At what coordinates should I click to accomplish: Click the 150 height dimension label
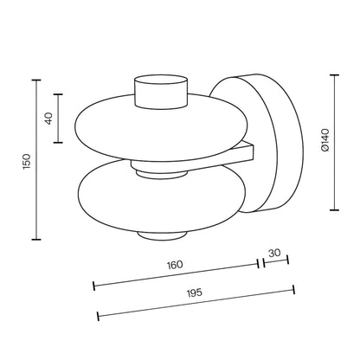point(27,162)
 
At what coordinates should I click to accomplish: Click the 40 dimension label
point(49,119)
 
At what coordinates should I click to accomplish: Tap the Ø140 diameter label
point(325,140)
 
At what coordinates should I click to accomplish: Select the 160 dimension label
point(175,265)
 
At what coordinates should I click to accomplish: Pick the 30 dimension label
point(274,253)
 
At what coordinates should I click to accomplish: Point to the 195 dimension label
point(195,292)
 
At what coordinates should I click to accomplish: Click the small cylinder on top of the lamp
point(161,92)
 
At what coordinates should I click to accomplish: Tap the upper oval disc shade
point(161,127)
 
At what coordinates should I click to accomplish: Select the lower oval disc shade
point(162,196)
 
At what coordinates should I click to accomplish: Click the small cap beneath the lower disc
point(160,235)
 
